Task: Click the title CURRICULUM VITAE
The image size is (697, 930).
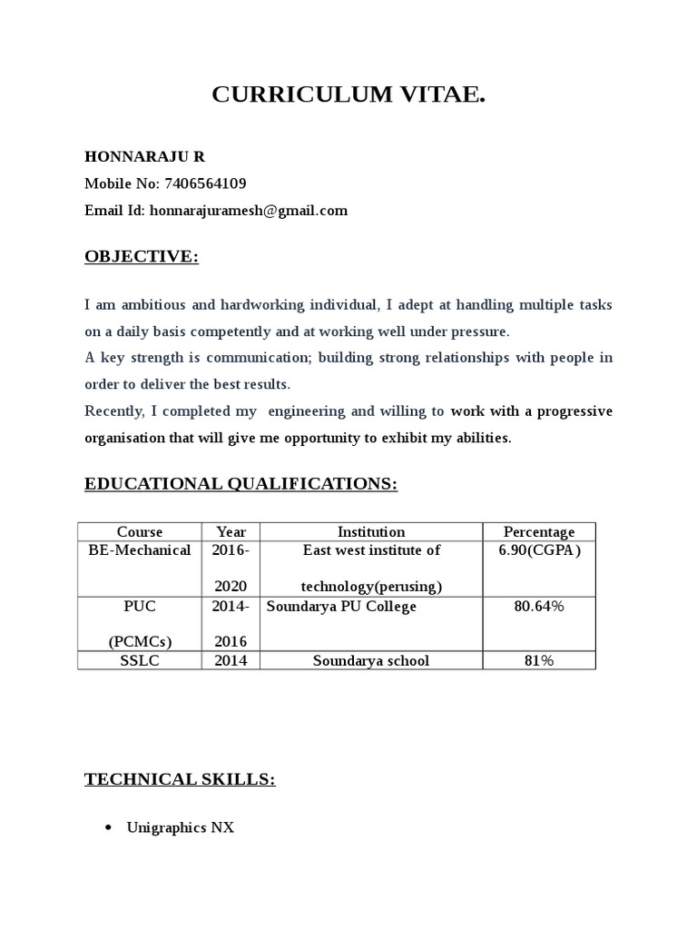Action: pyautogui.click(x=348, y=95)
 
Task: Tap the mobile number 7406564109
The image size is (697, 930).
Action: pyautogui.click(x=204, y=183)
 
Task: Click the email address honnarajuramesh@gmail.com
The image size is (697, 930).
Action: pyautogui.click(x=248, y=211)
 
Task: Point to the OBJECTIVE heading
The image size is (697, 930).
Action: pyautogui.click(x=141, y=257)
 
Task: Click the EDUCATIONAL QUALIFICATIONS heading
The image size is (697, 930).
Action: pyautogui.click(x=241, y=484)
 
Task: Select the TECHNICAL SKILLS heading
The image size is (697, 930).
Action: pyautogui.click(x=180, y=778)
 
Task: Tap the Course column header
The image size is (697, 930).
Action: pyautogui.click(x=140, y=532)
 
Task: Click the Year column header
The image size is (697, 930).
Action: pyautogui.click(x=231, y=532)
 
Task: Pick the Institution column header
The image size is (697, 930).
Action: pyautogui.click(x=371, y=532)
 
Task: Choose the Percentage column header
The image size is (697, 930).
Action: pyautogui.click(x=539, y=532)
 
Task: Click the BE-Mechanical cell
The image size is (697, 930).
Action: pyautogui.click(x=140, y=550)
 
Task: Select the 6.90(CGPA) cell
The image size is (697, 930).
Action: pyautogui.click(x=539, y=550)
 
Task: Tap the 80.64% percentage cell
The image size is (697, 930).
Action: pyautogui.click(x=539, y=606)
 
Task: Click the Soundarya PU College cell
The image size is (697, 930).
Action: pyautogui.click(x=341, y=606)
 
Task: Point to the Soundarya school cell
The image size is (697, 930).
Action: pyautogui.click(x=371, y=660)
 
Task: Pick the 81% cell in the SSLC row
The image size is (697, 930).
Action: pyautogui.click(x=539, y=660)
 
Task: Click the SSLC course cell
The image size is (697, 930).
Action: pyautogui.click(x=140, y=660)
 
